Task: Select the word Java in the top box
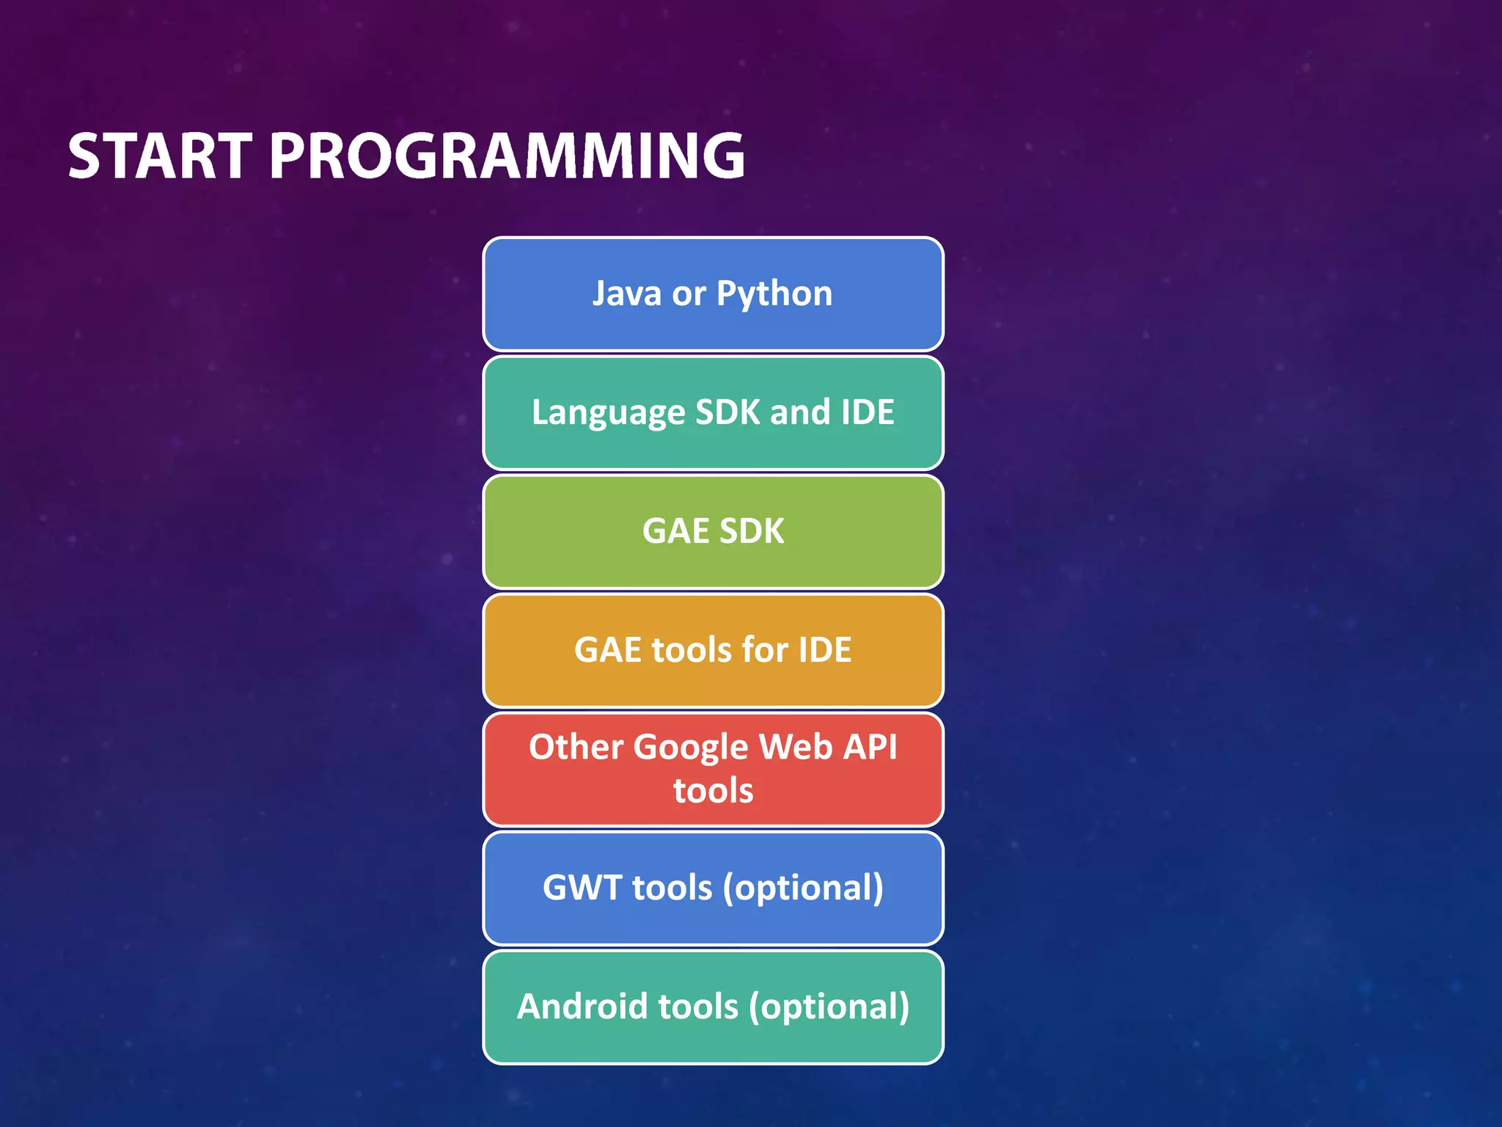[x=627, y=293]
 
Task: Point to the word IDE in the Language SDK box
[x=868, y=412]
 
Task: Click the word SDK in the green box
[x=752, y=530]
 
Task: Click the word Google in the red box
[x=690, y=748]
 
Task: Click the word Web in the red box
[x=796, y=747]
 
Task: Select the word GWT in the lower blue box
[x=582, y=887]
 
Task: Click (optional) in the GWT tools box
[x=803, y=889]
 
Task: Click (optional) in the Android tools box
[x=829, y=1007]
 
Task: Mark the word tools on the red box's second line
[x=713, y=791]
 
